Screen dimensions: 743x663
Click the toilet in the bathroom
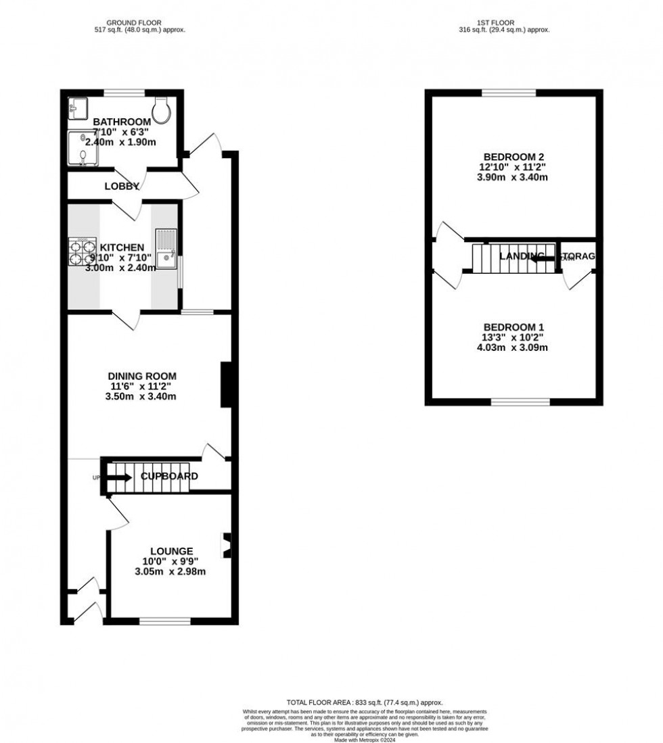[162, 107]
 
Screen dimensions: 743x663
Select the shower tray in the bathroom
[83, 148]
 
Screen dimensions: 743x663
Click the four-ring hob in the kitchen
[83, 252]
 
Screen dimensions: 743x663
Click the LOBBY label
[122, 187]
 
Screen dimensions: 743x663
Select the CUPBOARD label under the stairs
[169, 477]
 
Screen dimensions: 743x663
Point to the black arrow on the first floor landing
[542, 257]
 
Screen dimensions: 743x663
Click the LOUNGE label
[172, 551]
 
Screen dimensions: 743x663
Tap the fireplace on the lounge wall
[227, 542]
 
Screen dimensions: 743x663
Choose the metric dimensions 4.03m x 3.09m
[511, 348]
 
